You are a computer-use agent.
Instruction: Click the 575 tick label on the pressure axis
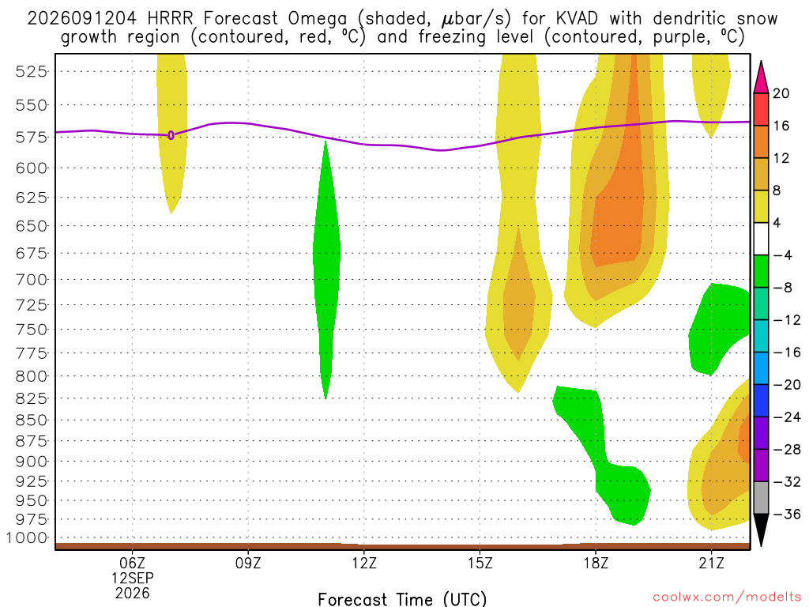click(x=32, y=138)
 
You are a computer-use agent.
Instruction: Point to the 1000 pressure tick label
click(x=28, y=537)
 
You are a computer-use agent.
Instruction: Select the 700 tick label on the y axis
click(x=32, y=280)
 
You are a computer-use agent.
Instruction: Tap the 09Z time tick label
click(x=248, y=563)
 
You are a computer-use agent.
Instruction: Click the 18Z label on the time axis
click(x=596, y=563)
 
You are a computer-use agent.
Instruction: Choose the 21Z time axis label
click(x=712, y=563)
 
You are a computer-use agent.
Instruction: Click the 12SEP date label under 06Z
click(x=133, y=578)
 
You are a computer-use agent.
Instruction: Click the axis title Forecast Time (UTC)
click(x=402, y=599)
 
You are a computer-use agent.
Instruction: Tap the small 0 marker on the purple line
click(x=171, y=135)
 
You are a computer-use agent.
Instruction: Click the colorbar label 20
click(x=781, y=93)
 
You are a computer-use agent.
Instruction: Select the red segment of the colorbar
click(x=761, y=109)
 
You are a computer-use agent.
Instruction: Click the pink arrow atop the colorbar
click(x=761, y=77)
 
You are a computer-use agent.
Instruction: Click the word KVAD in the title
click(x=577, y=19)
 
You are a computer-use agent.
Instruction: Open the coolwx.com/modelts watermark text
click(x=727, y=598)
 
